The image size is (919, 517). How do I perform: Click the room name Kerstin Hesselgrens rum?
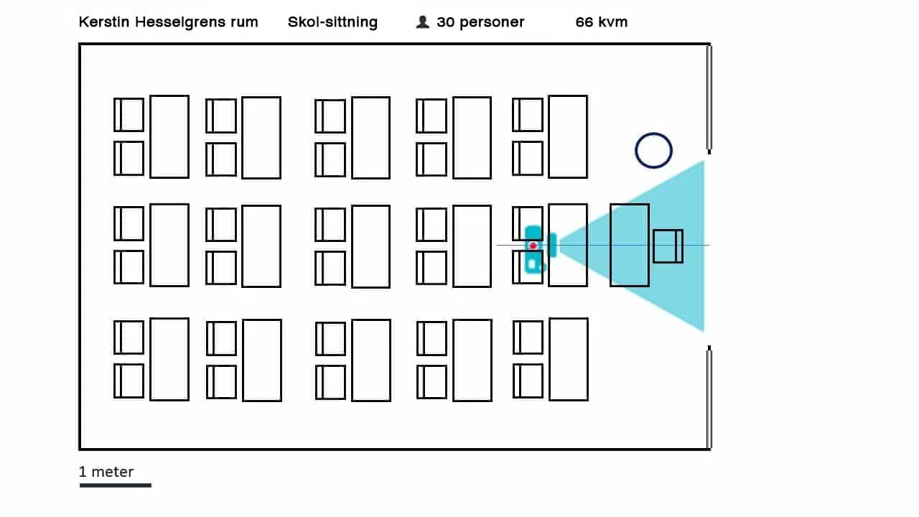[168, 22]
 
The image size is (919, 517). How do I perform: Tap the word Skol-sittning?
[332, 22]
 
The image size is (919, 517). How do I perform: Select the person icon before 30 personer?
[422, 22]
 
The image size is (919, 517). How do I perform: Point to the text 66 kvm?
[602, 22]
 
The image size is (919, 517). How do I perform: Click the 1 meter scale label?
[106, 472]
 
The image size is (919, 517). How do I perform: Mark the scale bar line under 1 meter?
[115, 485]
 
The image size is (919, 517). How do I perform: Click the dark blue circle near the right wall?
[653, 151]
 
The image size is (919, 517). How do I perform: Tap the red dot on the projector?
[533, 246]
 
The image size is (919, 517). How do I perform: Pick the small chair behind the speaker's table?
[668, 246]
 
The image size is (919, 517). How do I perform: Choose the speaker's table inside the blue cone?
[630, 246]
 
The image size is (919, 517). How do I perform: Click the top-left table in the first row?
[169, 136]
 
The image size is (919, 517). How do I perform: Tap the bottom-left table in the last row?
[169, 359]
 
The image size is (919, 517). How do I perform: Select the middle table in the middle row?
[370, 246]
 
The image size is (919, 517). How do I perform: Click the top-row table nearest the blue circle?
[568, 136]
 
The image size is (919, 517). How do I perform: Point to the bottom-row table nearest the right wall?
[569, 359]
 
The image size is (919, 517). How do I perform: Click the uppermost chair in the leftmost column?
[129, 115]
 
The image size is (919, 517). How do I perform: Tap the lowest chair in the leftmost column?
[129, 381]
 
